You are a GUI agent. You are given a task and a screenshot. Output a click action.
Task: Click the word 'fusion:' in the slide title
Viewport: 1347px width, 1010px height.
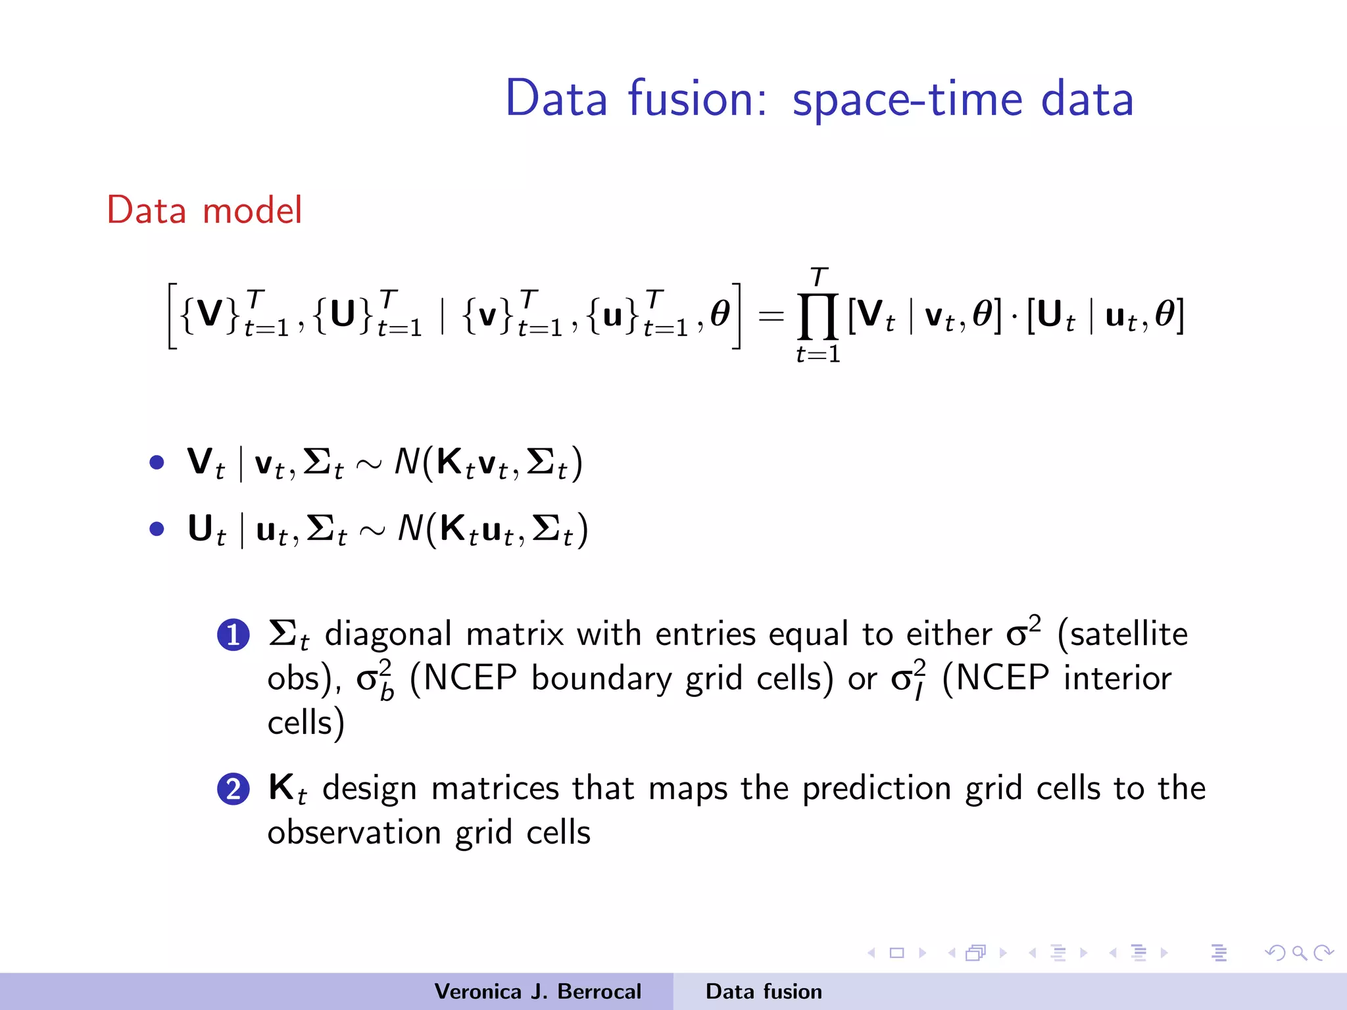697,99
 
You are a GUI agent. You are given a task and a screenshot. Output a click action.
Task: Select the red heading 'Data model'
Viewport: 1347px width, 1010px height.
205,210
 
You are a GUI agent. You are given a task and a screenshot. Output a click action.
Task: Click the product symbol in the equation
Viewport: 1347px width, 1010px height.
818,316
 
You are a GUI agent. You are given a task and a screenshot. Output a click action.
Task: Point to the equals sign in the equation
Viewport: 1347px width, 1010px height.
771,316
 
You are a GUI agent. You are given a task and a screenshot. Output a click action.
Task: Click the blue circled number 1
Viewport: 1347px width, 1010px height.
233,635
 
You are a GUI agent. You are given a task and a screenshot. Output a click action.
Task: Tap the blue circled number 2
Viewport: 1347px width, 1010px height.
233,789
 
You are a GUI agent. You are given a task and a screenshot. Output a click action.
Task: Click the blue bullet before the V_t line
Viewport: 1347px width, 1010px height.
157,462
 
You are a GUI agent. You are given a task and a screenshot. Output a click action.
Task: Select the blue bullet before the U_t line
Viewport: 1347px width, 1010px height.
157,529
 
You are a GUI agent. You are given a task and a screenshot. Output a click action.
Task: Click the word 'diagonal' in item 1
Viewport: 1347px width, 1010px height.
388,635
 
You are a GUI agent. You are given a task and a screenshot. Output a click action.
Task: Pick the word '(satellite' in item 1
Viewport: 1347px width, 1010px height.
1122,635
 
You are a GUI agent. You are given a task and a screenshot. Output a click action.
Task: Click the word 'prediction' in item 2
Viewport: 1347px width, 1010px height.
876,789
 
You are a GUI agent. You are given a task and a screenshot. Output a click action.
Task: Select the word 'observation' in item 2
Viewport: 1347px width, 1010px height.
354,833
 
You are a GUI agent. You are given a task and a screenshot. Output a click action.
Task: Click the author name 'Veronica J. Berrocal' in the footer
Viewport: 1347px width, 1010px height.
537,992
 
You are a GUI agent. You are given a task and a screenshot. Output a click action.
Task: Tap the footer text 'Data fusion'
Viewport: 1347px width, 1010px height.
764,992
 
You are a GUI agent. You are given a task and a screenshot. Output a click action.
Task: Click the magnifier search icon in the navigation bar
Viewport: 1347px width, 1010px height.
1299,953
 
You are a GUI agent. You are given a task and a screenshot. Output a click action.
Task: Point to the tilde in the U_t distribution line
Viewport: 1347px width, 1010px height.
372,531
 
